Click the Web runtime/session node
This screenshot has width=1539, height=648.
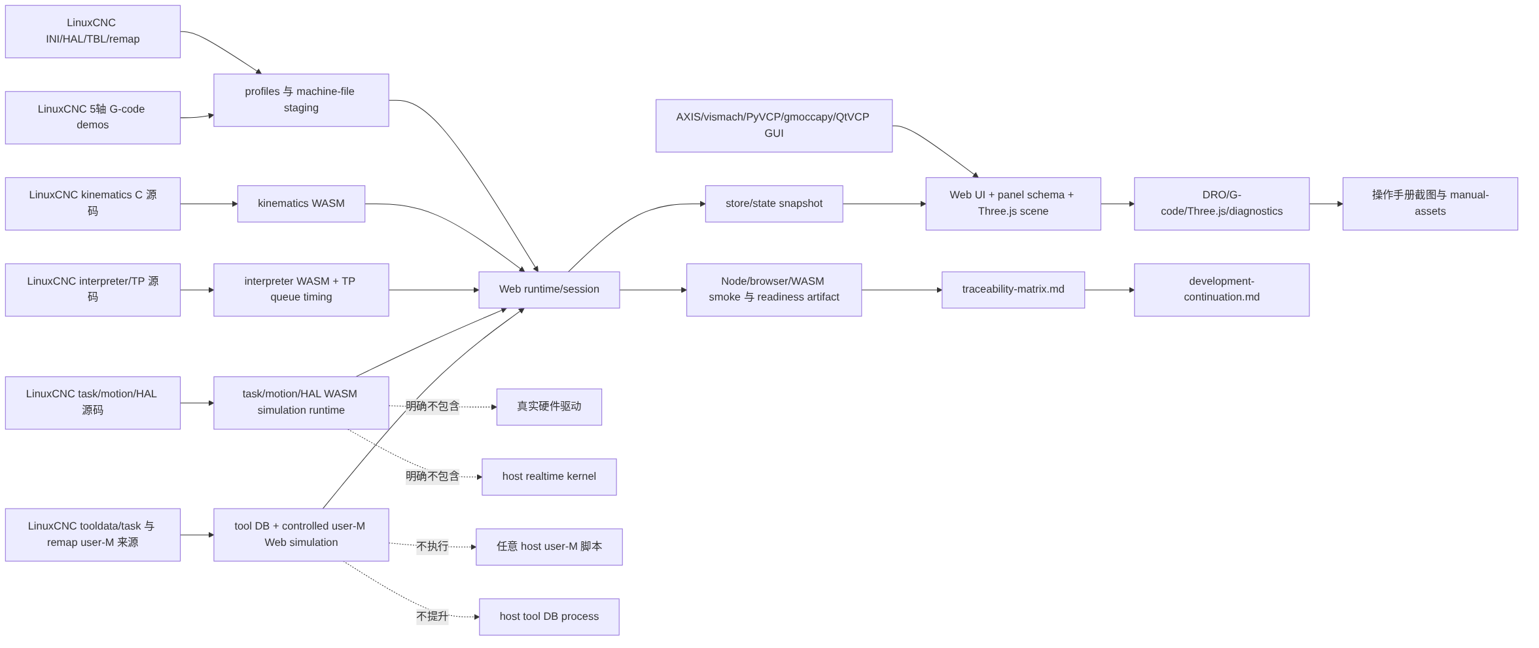coord(549,289)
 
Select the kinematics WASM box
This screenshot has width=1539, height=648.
coord(301,204)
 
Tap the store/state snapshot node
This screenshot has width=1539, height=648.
coord(774,204)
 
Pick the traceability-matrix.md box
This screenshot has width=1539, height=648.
coord(1013,289)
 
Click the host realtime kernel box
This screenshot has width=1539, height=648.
coord(549,477)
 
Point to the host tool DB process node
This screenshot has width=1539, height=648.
coord(549,617)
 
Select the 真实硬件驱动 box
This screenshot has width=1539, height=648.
coord(549,406)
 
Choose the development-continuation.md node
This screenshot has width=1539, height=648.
coord(1222,289)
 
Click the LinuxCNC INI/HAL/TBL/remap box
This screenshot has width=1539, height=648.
coord(93,31)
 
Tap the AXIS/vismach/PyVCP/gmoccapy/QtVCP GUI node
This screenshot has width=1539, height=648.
coord(774,126)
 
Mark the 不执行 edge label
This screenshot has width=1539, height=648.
coord(433,547)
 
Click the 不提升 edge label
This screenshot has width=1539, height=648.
coord(433,617)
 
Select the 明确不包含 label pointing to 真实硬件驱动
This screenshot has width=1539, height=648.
coord(433,406)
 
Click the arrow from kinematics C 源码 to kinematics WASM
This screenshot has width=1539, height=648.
coord(209,204)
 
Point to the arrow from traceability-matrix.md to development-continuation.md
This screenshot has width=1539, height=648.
coord(1110,289)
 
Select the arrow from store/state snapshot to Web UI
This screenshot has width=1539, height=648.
coord(884,204)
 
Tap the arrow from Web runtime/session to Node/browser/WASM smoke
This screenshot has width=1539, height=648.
coord(653,289)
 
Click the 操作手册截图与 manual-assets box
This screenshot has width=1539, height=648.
coord(1430,204)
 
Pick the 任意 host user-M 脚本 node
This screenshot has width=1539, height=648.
coord(549,547)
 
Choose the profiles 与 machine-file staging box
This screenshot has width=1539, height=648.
coord(301,100)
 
